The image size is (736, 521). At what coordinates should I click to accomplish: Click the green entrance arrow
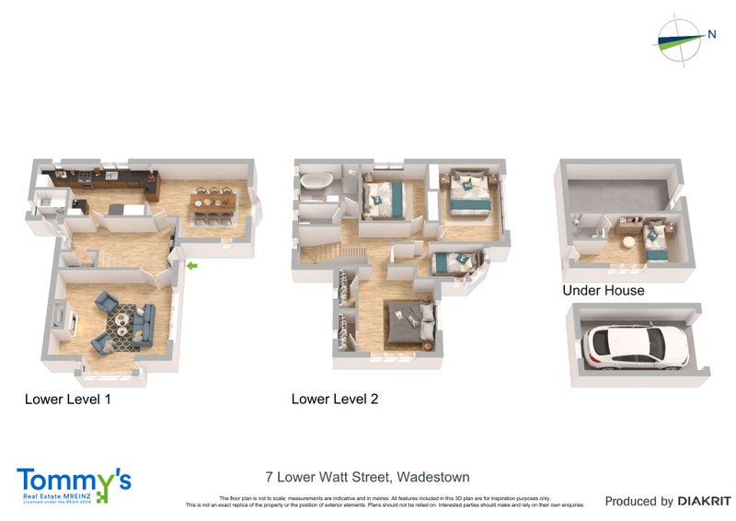click(x=190, y=266)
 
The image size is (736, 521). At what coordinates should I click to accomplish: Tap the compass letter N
click(x=712, y=34)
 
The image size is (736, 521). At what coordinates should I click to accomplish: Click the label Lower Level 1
click(x=68, y=399)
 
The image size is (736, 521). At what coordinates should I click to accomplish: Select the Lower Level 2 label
click(x=335, y=399)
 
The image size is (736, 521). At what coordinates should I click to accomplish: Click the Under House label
click(x=604, y=291)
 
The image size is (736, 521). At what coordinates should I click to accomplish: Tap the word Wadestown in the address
click(x=432, y=477)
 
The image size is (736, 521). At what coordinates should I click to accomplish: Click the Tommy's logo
click(x=74, y=484)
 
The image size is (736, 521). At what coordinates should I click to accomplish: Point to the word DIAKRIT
click(x=704, y=502)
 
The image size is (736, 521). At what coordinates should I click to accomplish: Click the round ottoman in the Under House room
click(x=629, y=243)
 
